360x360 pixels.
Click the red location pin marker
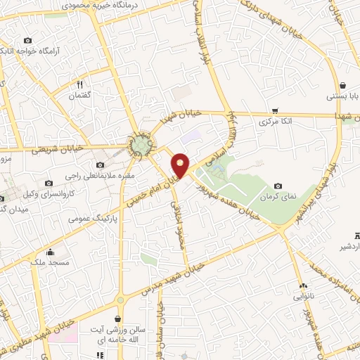tap(181, 165)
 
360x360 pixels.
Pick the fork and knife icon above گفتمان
tap(83, 83)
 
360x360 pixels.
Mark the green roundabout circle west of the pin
tap(141, 146)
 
